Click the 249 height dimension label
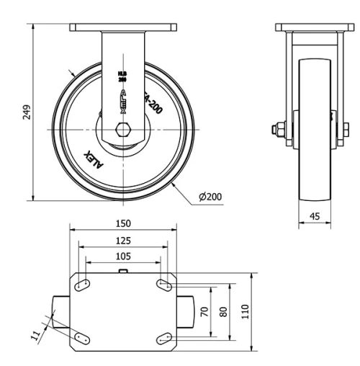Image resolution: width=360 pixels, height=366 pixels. point(27,112)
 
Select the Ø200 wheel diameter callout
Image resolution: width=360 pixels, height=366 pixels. point(210,197)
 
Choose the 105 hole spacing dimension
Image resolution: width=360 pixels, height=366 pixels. point(122,256)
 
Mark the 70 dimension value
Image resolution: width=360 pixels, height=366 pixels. point(204,311)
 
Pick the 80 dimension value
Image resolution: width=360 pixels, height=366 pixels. point(223,311)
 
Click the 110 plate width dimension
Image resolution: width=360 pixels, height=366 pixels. point(245,311)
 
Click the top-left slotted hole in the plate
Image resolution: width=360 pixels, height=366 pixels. point(81,285)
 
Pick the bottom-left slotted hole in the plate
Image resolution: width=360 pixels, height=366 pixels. point(81,336)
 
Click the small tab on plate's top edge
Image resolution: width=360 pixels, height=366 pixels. point(123,272)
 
